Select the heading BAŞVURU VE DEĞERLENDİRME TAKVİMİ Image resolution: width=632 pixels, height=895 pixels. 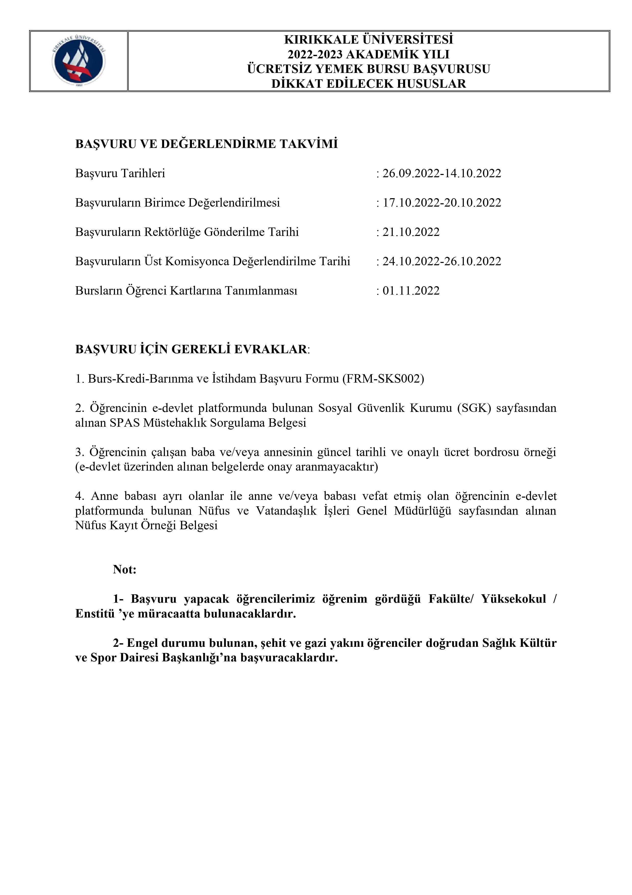(206, 144)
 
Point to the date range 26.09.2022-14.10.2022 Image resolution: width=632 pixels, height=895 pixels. (441, 173)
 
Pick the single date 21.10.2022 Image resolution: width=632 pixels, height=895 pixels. (411, 232)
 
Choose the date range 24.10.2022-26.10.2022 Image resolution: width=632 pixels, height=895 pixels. (441, 261)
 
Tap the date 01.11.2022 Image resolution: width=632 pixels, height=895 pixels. (411, 291)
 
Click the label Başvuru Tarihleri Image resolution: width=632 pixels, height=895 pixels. (120, 173)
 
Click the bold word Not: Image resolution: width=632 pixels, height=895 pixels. (125, 570)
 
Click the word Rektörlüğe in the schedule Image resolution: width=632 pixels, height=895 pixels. (172, 232)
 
